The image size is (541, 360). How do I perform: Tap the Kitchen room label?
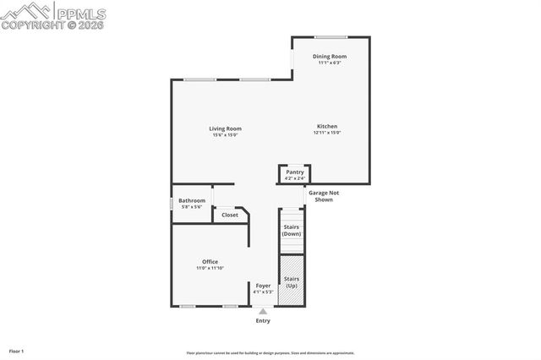coord(327,127)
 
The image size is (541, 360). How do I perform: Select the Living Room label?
coord(226,128)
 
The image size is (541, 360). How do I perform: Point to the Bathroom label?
coord(191,200)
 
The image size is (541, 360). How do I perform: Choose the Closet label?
coord(230,215)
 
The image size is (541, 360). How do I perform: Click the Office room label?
coord(210,261)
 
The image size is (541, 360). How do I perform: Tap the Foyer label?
coord(264,286)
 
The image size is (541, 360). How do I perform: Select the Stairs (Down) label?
coord(291,230)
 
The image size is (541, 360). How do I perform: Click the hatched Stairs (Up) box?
coord(291,282)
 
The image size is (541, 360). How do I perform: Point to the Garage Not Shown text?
coord(323,196)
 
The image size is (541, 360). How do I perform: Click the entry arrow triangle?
coord(263,312)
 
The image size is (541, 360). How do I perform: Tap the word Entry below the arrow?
coord(263,321)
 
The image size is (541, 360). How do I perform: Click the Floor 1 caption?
coord(16,351)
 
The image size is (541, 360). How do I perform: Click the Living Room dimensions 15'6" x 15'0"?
coord(226,134)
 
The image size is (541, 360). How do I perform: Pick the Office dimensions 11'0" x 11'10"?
coord(210,268)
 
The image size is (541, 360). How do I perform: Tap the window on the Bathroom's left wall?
coord(172,204)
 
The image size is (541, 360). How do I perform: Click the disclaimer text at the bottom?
coord(270,353)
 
